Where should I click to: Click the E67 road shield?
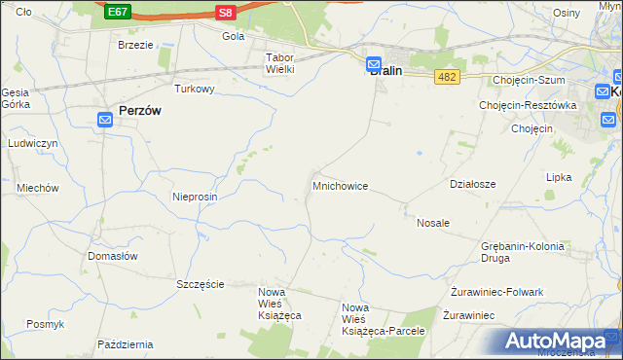click(118, 12)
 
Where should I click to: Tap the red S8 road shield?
click(226, 12)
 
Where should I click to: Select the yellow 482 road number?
click(447, 76)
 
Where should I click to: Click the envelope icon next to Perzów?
click(106, 120)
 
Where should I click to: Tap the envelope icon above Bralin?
click(375, 65)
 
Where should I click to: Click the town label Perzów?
click(139, 111)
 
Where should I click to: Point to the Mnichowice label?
click(340, 185)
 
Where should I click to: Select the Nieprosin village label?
click(194, 196)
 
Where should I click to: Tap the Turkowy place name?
click(194, 89)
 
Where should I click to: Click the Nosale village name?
click(433, 223)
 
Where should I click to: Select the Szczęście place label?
click(201, 284)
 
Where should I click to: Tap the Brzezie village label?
click(135, 45)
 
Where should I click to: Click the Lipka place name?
click(559, 178)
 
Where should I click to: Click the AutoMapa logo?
click(556, 342)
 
